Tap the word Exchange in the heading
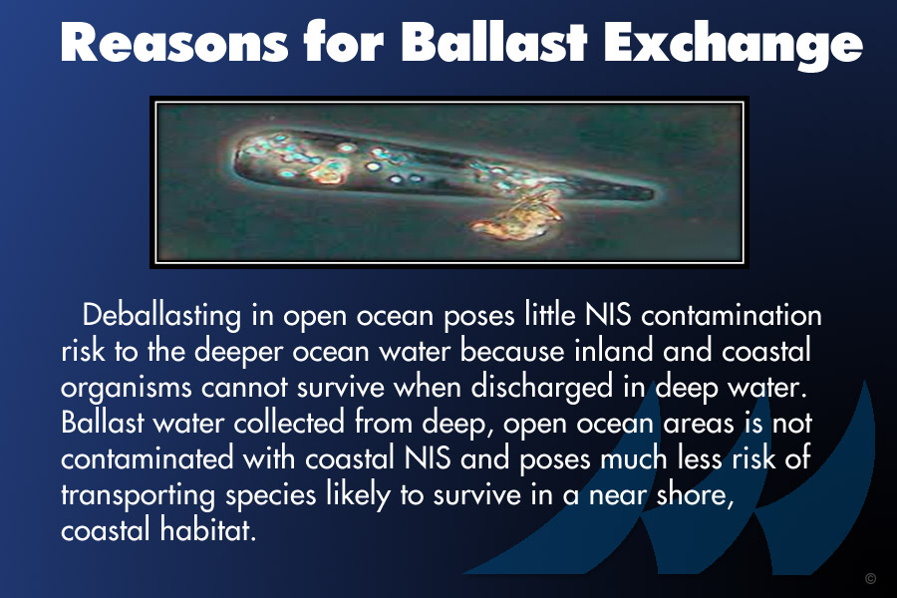pyautogui.click(x=733, y=45)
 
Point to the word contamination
pyautogui.click(x=732, y=315)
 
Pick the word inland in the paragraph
pyautogui.click(x=613, y=351)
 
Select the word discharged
pyautogui.click(x=542, y=388)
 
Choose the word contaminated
pyautogui.click(x=148, y=458)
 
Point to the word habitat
pyautogui.click(x=207, y=529)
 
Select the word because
pyautogui.click(x=512, y=351)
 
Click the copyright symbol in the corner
pyautogui.click(x=870, y=578)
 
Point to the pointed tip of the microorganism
pyautogui.click(x=653, y=192)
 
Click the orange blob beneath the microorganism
pyautogui.click(x=516, y=220)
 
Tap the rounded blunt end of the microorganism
pyautogui.click(x=241, y=154)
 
